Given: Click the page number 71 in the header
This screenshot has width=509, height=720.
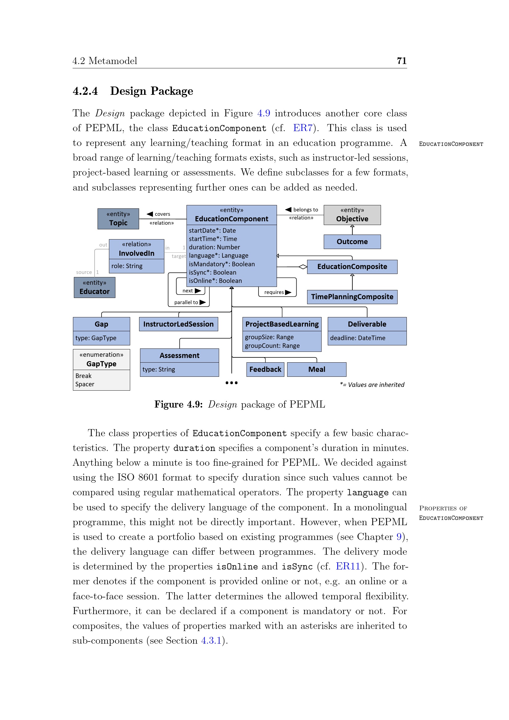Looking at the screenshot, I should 402,61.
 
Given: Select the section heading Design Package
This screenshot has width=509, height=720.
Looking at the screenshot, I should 151,91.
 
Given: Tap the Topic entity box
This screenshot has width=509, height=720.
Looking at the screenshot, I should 118,219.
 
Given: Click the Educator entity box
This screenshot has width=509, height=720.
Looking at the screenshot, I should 94,287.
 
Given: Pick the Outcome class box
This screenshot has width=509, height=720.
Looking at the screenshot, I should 352,242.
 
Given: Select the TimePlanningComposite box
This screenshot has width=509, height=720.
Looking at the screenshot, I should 352,297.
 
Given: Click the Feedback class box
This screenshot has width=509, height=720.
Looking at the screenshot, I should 265,369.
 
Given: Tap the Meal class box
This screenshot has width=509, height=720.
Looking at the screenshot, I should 317,369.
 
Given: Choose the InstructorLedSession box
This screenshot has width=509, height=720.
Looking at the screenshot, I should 178,324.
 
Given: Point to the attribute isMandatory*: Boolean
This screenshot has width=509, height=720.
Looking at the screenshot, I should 222,264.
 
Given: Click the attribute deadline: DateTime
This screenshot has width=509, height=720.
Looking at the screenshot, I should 358,338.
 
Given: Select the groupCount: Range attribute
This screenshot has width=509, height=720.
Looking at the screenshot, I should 272,346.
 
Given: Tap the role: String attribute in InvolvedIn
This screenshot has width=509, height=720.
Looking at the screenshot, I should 127,266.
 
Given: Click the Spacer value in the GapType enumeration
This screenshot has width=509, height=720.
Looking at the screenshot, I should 85,384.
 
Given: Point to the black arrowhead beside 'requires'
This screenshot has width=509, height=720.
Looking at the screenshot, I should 288,292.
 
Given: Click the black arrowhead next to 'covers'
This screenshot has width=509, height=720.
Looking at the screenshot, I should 150,214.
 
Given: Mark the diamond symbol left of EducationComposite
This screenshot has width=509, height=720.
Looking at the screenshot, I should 303,267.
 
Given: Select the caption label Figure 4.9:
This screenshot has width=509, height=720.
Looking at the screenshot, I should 178,404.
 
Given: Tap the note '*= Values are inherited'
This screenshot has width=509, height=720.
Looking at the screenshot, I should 372,385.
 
